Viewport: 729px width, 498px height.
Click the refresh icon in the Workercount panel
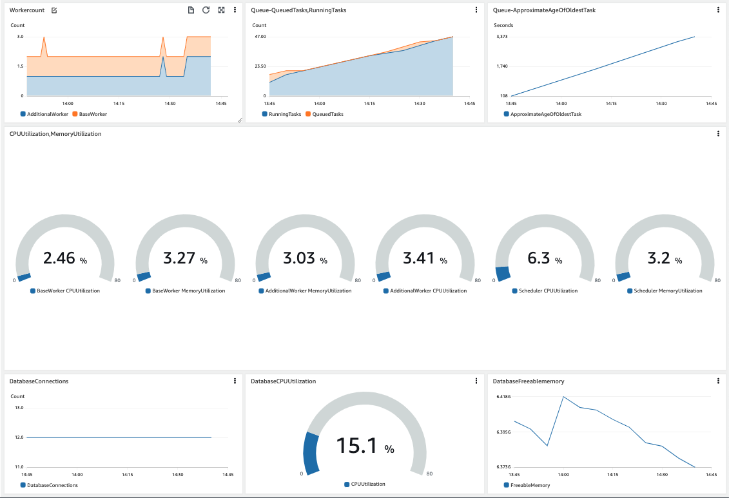tap(206, 10)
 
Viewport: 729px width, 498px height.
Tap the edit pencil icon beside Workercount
tap(54, 10)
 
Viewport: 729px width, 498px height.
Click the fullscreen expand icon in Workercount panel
tap(221, 10)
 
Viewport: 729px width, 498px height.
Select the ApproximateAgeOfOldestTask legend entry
tap(545, 114)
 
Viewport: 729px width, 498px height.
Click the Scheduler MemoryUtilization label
tap(668, 291)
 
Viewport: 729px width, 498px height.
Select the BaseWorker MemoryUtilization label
tap(188, 291)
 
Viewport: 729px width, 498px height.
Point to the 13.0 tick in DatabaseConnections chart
tap(18, 408)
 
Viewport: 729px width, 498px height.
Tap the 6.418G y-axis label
tap(503, 397)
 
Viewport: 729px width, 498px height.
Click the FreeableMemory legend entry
tap(530, 485)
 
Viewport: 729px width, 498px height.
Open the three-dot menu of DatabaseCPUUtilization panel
tap(476, 381)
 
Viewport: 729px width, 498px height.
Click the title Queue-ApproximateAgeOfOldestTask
tap(544, 10)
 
